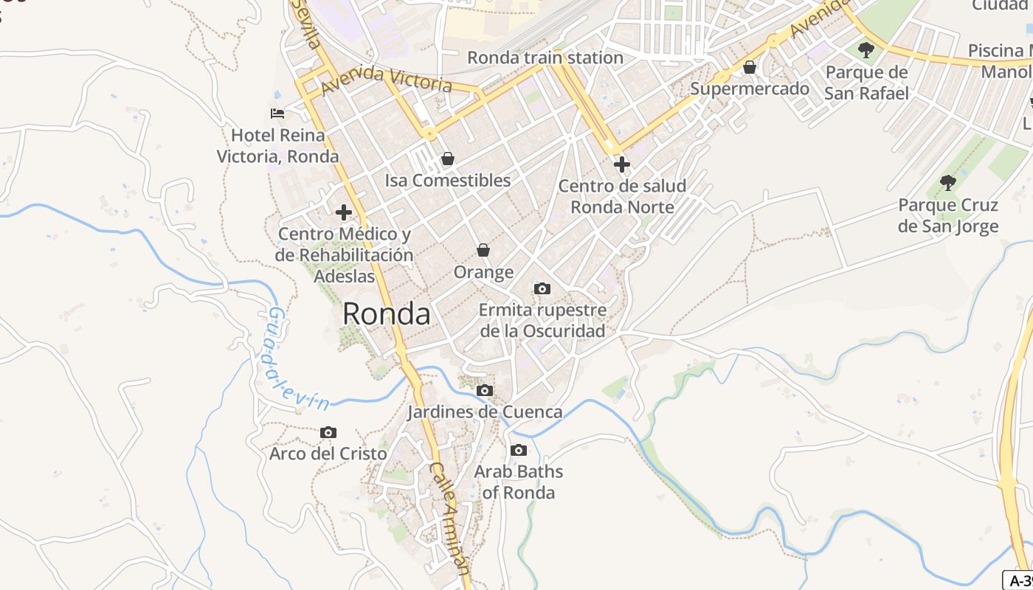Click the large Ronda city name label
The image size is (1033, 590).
tap(387, 314)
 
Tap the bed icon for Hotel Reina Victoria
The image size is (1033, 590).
tap(277, 114)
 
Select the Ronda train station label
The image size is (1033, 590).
tap(545, 58)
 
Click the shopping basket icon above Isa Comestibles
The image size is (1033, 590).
tap(447, 159)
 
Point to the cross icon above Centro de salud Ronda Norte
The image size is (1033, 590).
tap(622, 164)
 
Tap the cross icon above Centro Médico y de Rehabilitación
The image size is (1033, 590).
tap(344, 212)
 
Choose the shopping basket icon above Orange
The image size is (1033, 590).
tap(483, 250)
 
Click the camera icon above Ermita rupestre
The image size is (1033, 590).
tap(542, 288)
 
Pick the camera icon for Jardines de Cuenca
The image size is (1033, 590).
tap(485, 390)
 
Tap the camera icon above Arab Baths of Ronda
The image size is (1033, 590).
tap(519, 450)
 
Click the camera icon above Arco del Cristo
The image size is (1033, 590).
tap(328, 432)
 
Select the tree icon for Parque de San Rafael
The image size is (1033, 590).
tap(866, 50)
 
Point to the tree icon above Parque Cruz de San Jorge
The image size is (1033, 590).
tap(948, 182)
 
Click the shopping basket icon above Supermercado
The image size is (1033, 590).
tap(750, 68)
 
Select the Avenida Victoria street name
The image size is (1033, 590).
tap(387, 79)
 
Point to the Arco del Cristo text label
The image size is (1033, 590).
tap(328, 454)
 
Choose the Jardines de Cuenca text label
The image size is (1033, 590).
tap(485, 412)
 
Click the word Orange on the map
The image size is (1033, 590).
tap(483, 272)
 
